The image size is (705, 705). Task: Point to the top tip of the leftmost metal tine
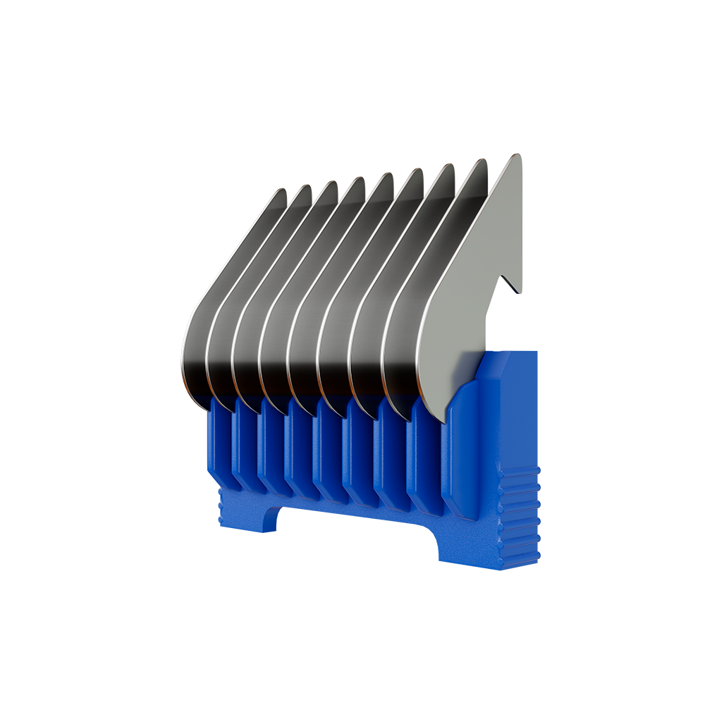[x=282, y=191]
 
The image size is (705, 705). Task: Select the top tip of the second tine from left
[x=307, y=188]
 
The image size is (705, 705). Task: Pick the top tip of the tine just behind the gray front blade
[x=483, y=161]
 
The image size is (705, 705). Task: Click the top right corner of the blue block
[x=536, y=352]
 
